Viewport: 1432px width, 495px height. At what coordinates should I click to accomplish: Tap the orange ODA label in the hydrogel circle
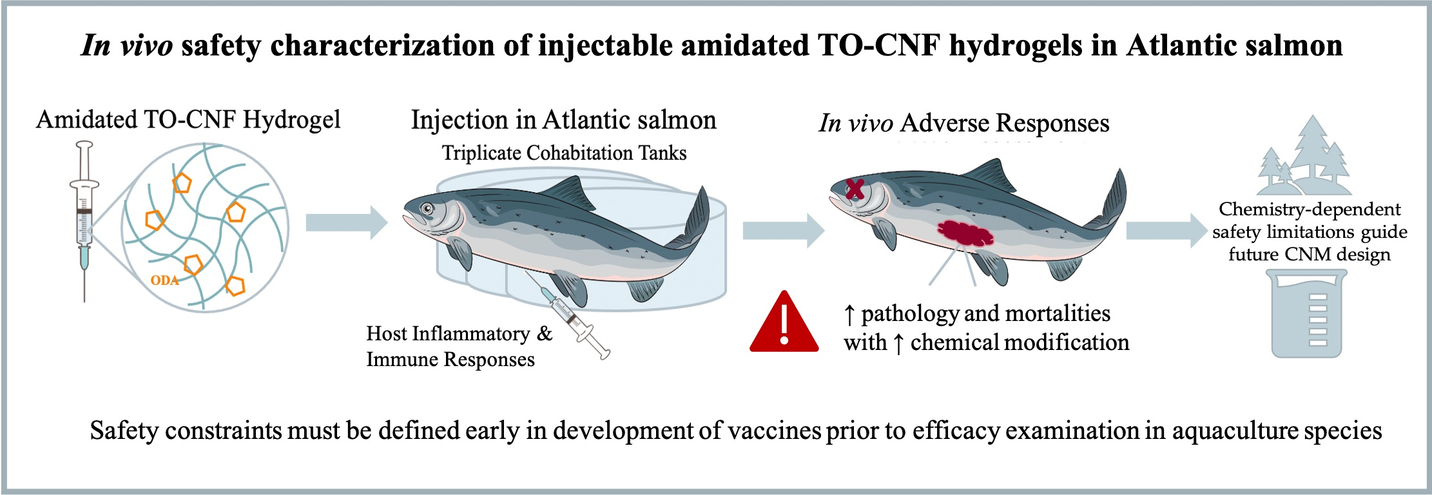(x=164, y=280)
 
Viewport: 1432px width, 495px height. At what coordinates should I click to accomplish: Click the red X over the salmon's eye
(x=855, y=189)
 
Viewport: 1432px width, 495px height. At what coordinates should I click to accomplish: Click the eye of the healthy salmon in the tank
(x=427, y=208)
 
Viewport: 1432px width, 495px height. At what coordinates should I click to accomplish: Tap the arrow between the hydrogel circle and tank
(x=346, y=222)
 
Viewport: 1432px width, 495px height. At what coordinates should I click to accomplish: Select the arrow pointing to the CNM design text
(x=1166, y=230)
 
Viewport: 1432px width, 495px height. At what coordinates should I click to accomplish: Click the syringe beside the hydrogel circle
(x=84, y=219)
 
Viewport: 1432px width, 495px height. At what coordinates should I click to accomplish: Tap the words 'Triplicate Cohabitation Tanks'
(x=564, y=153)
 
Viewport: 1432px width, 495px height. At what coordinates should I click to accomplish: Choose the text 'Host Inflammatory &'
(x=459, y=334)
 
